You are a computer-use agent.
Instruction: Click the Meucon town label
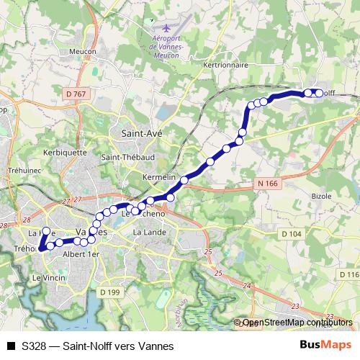[83, 51]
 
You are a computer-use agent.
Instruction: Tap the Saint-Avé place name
[140, 133]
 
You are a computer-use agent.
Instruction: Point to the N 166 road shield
[266, 184]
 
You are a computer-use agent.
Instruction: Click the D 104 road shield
[292, 234]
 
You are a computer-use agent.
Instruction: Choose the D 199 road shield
[109, 292]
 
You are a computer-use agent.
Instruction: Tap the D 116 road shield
[348, 275]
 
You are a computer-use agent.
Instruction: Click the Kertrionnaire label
[226, 65]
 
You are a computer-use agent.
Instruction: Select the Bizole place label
[321, 195]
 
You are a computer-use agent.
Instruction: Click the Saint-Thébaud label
[125, 158]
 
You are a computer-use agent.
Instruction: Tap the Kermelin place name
[159, 177]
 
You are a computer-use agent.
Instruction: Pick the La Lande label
[150, 233]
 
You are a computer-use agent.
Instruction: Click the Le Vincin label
[49, 277]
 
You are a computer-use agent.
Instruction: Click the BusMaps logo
[325, 345]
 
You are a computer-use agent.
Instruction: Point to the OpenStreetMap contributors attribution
[297, 323]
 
